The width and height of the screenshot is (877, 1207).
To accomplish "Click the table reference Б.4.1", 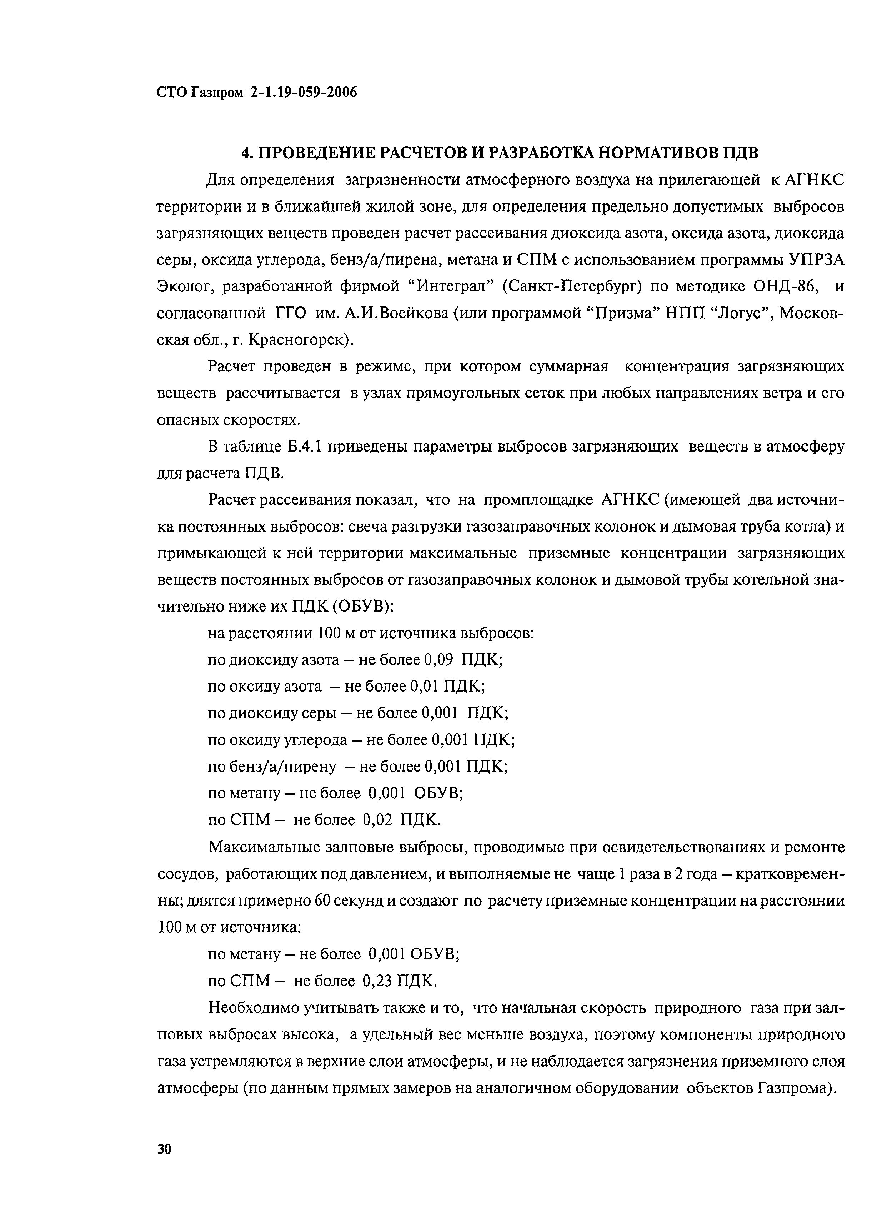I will tap(304, 447).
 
